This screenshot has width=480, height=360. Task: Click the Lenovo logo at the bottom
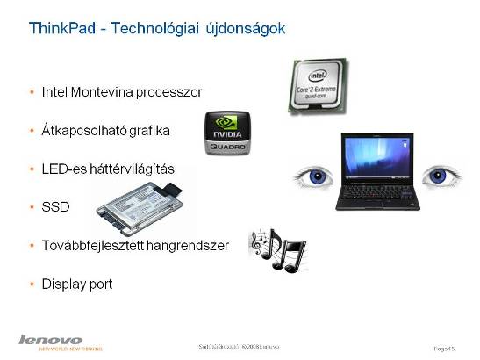click(x=50, y=339)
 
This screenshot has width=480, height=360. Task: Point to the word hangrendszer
click(x=188, y=246)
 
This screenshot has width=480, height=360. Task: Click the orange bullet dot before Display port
click(x=32, y=284)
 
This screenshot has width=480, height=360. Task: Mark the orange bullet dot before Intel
click(x=32, y=91)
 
